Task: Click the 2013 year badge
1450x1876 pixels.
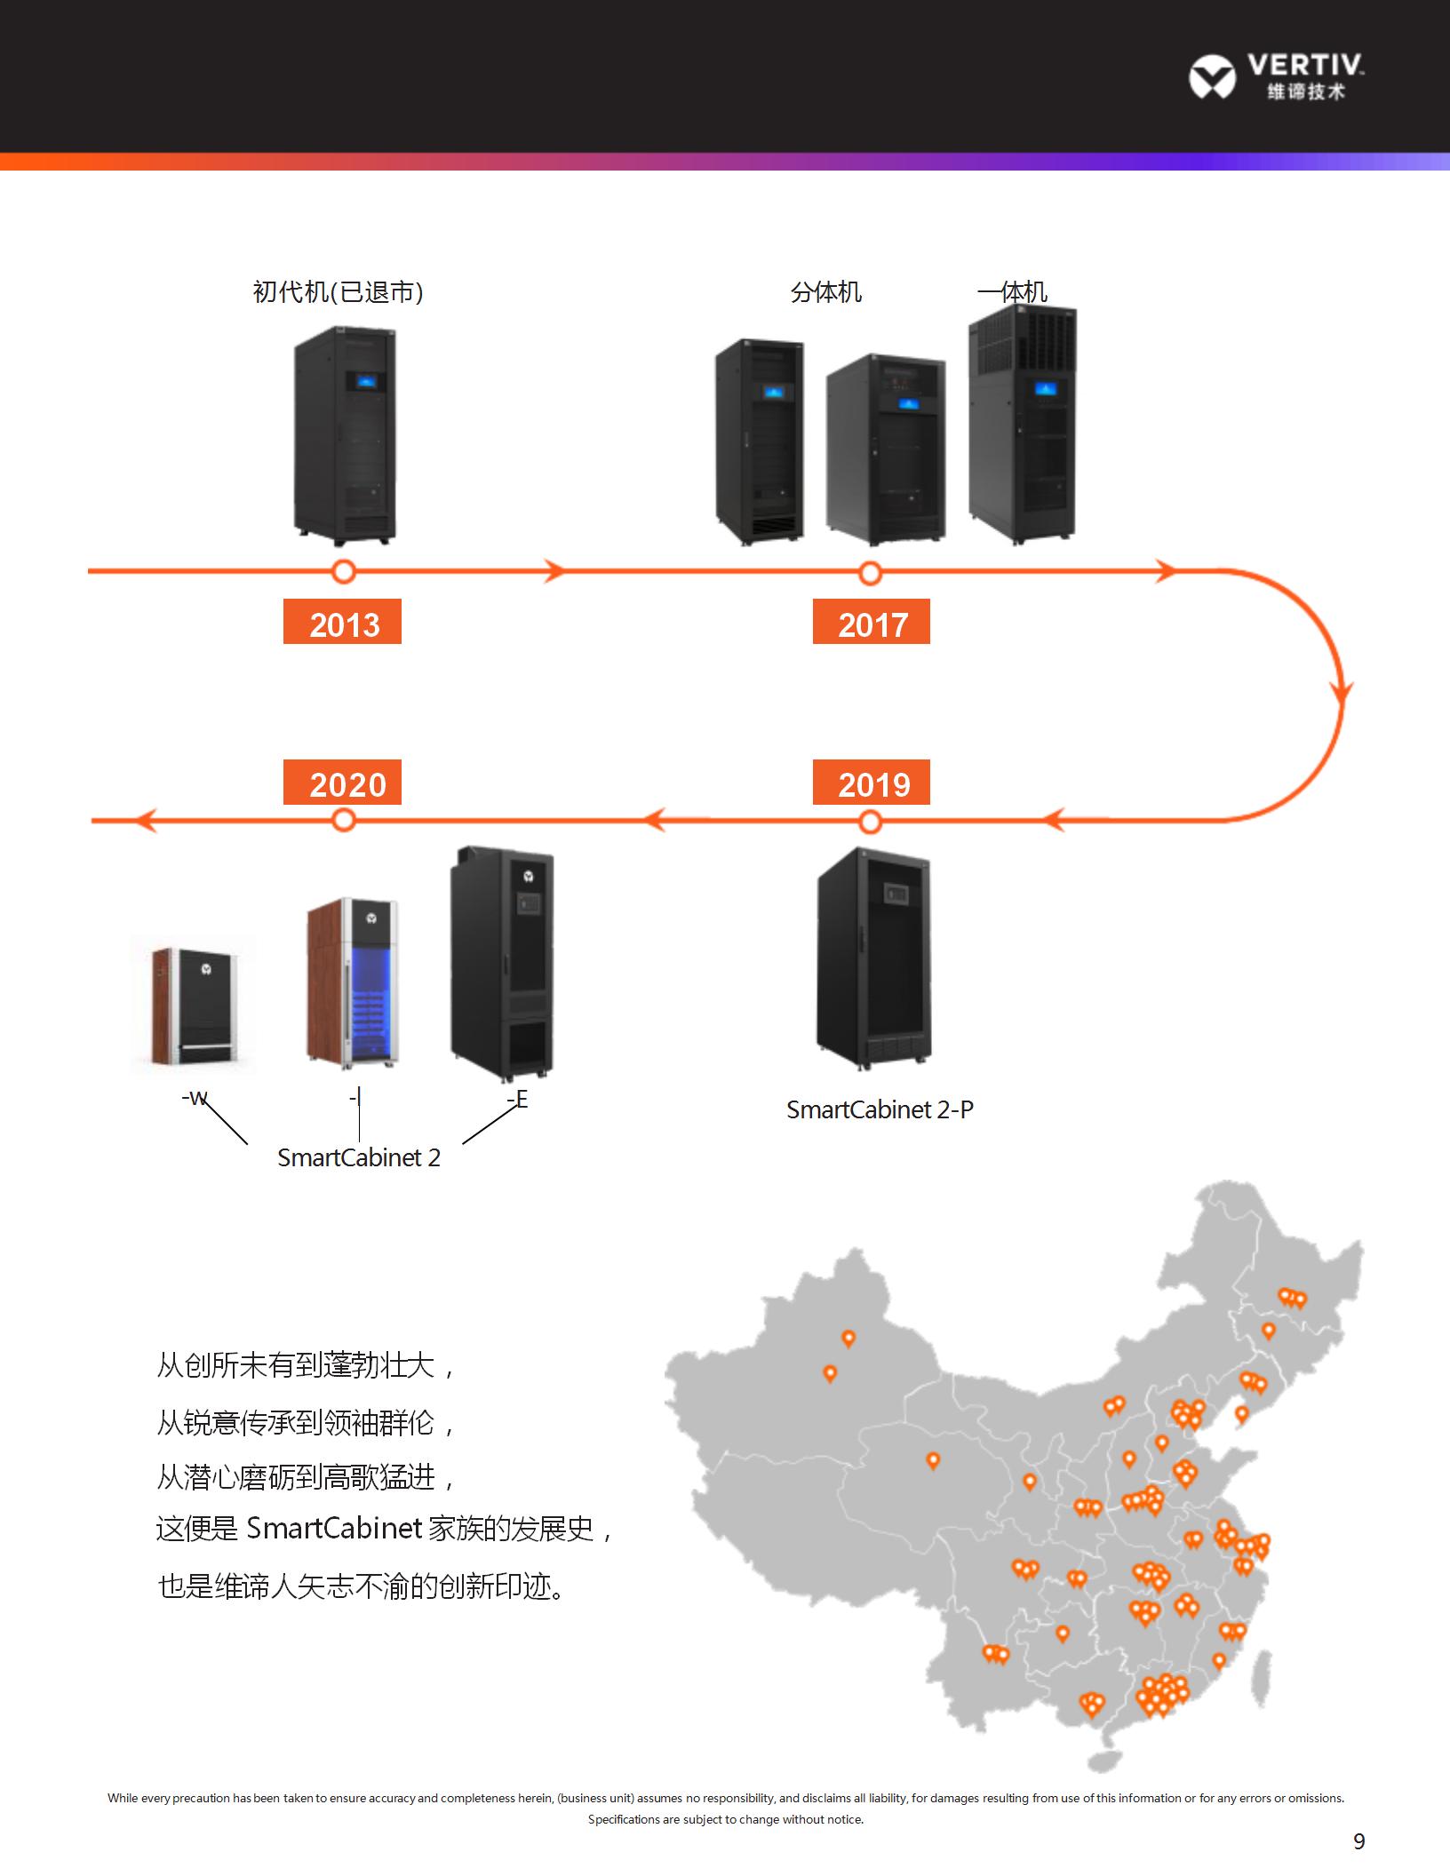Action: click(x=342, y=622)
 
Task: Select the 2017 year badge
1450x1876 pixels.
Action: click(x=871, y=622)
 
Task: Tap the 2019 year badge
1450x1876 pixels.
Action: click(x=871, y=783)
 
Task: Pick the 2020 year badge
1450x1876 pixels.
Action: click(x=342, y=783)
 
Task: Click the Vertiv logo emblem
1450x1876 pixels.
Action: click(x=1212, y=76)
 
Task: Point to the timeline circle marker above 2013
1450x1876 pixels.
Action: click(x=343, y=571)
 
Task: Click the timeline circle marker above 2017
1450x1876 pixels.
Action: click(x=871, y=572)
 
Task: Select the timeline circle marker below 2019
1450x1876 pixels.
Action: click(x=871, y=822)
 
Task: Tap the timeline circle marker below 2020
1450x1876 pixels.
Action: click(x=343, y=821)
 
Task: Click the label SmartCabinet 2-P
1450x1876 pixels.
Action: click(x=880, y=1109)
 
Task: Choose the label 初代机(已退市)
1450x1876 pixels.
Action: click(x=338, y=292)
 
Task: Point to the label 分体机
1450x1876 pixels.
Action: click(x=825, y=292)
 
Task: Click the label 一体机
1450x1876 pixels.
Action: click(x=1012, y=292)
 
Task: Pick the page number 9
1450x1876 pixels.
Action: click(x=1358, y=1841)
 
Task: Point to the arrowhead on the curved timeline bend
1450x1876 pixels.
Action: click(x=1342, y=691)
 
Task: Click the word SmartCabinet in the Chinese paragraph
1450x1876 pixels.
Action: click(x=334, y=1528)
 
